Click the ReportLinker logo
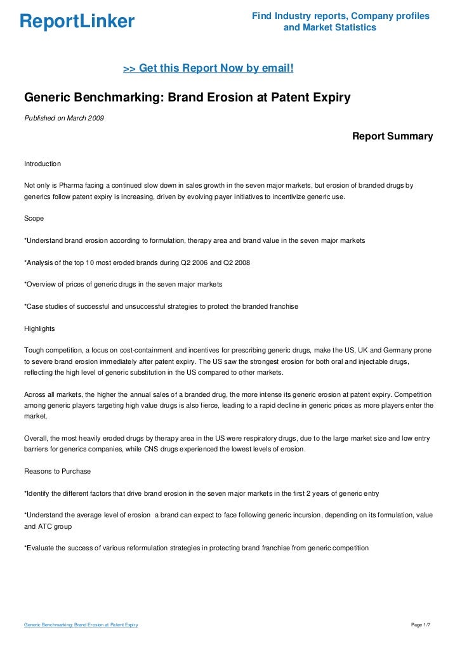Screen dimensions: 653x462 pos(77,22)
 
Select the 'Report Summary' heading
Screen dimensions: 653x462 pos(392,136)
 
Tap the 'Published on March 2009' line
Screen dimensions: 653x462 pos(64,118)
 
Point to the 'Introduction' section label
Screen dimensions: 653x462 pos(42,164)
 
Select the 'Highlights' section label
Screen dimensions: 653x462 pos(39,329)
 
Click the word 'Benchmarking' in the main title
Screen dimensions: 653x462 pos(117,98)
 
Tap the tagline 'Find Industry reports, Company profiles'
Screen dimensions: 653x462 pos(340,16)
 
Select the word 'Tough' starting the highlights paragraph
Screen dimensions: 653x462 pos(34,350)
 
